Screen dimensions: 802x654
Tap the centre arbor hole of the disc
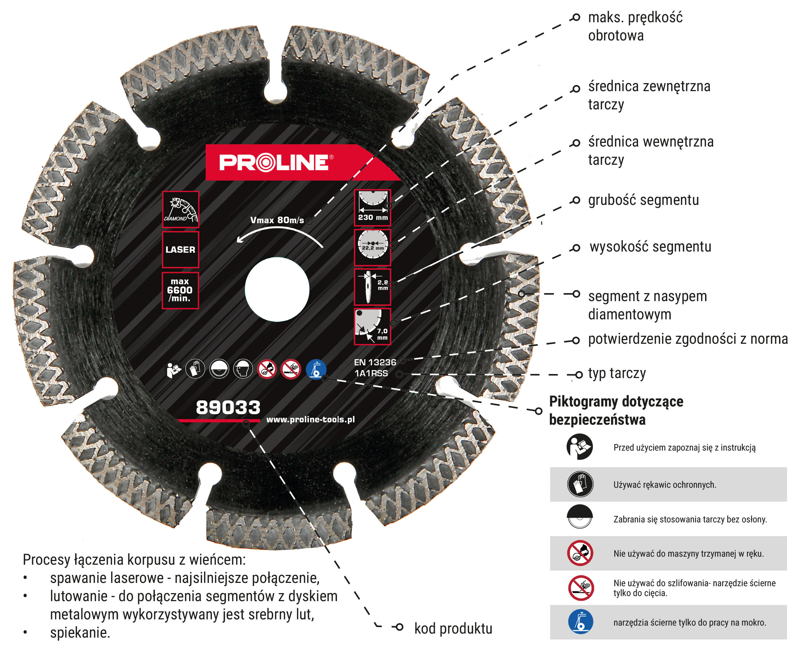(x=277, y=289)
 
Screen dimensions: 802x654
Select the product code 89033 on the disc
(x=228, y=408)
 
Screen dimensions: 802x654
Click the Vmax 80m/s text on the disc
(x=277, y=220)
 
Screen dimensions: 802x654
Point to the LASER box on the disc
(x=180, y=249)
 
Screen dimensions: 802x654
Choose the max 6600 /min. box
(x=180, y=291)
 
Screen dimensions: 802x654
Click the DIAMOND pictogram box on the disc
(x=180, y=210)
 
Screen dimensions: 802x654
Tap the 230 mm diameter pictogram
(x=372, y=207)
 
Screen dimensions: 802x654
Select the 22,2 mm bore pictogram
(x=372, y=247)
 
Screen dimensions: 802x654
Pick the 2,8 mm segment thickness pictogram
(x=372, y=287)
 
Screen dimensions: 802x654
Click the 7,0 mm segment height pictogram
(x=372, y=327)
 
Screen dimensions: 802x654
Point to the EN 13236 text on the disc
(x=375, y=362)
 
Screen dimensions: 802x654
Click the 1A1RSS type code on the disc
(x=371, y=373)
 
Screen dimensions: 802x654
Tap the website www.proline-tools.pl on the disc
(x=310, y=420)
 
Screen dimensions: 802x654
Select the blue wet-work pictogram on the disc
(x=316, y=369)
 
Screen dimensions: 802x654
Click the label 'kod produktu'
(x=453, y=628)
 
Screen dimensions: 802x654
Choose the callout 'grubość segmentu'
(x=643, y=200)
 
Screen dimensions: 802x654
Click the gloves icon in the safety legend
(x=580, y=484)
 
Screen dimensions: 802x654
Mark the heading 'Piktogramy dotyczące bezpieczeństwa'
(x=616, y=410)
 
